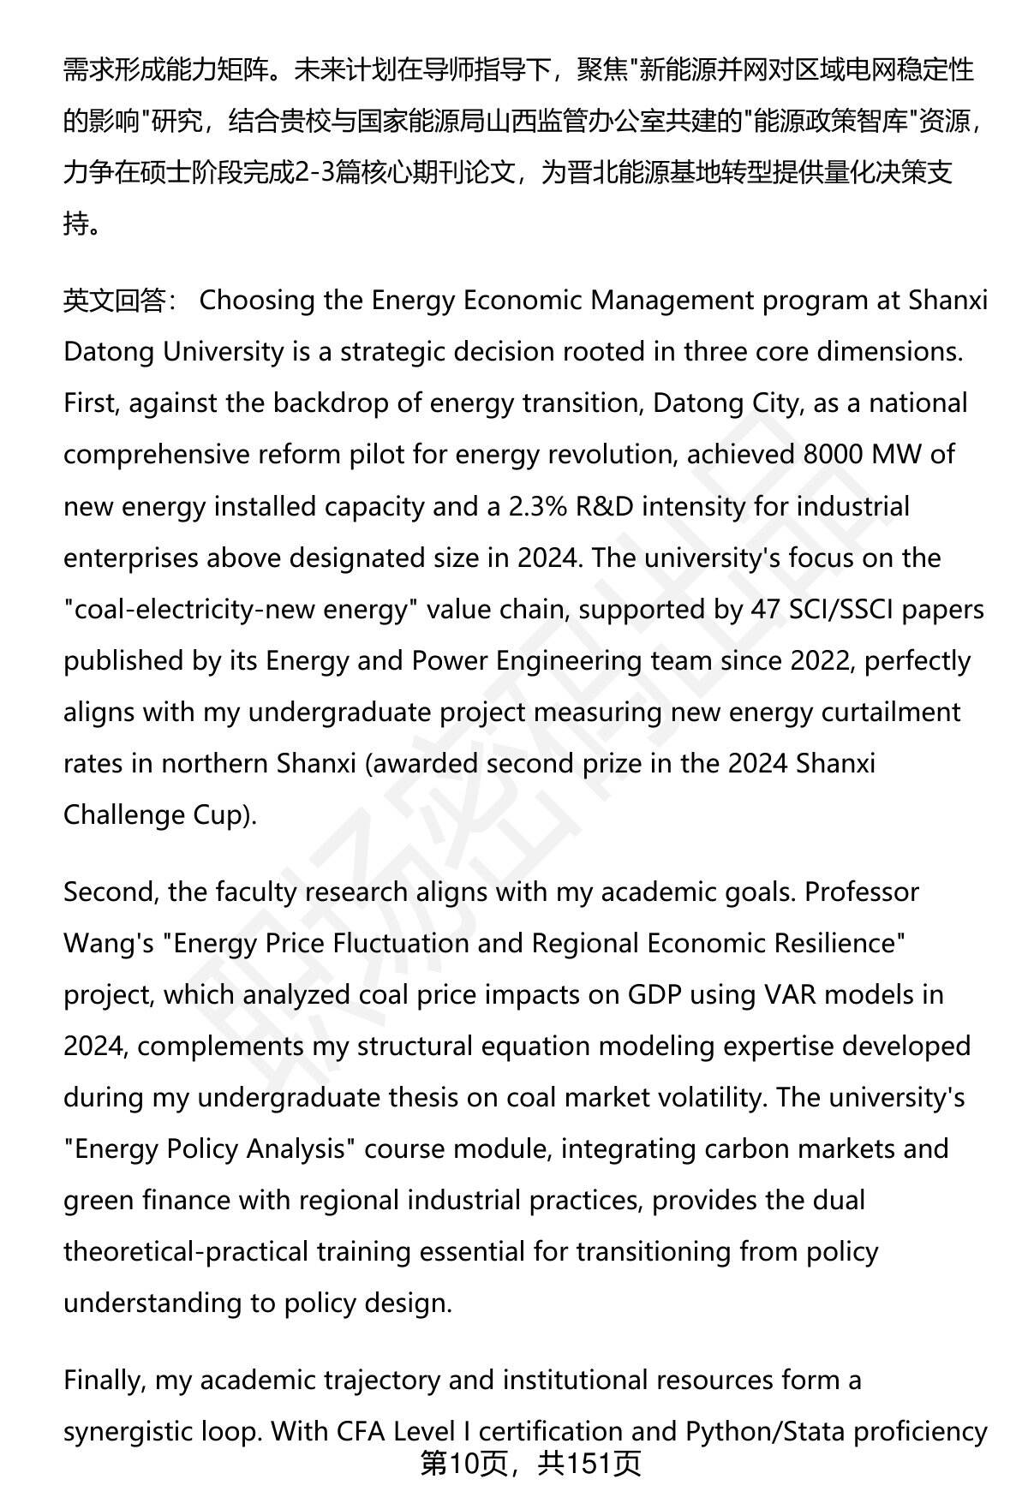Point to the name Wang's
pyautogui.click(x=109, y=943)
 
